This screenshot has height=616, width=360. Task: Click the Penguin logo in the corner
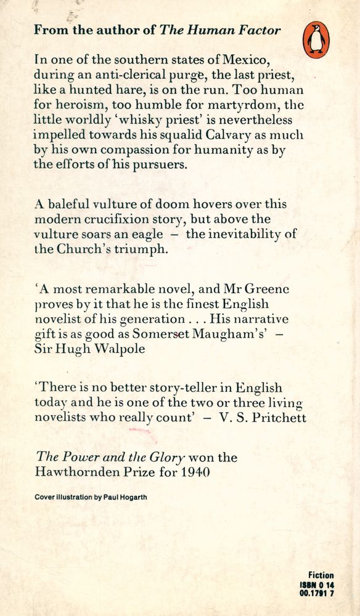(316, 39)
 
